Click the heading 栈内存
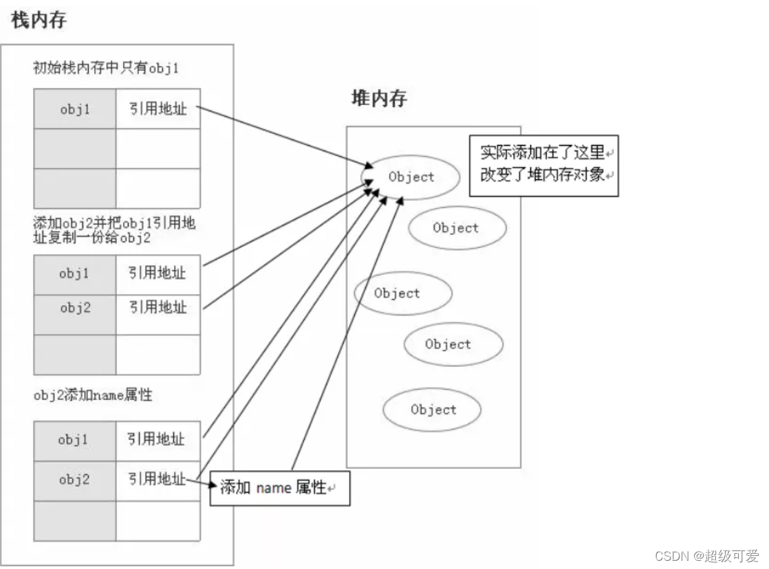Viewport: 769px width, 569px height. tap(39, 21)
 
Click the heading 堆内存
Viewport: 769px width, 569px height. tap(379, 99)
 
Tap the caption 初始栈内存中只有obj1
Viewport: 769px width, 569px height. tap(107, 68)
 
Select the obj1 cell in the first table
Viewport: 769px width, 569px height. tap(75, 109)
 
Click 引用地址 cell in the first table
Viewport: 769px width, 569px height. tap(158, 109)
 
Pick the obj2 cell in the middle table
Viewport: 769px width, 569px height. tap(75, 307)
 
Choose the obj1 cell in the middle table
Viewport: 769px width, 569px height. tap(75, 274)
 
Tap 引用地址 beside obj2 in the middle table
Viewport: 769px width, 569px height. tap(158, 307)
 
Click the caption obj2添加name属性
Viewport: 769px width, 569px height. tap(93, 396)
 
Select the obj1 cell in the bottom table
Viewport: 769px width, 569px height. tap(74, 440)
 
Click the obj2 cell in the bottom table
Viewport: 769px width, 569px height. tap(74, 480)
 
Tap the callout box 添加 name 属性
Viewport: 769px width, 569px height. tap(279, 488)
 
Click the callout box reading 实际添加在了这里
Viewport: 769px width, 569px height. tap(543, 165)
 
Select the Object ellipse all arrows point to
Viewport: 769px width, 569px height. tap(411, 177)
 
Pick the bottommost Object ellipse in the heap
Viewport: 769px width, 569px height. tap(433, 410)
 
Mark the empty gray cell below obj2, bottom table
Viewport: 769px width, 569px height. tap(74, 520)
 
